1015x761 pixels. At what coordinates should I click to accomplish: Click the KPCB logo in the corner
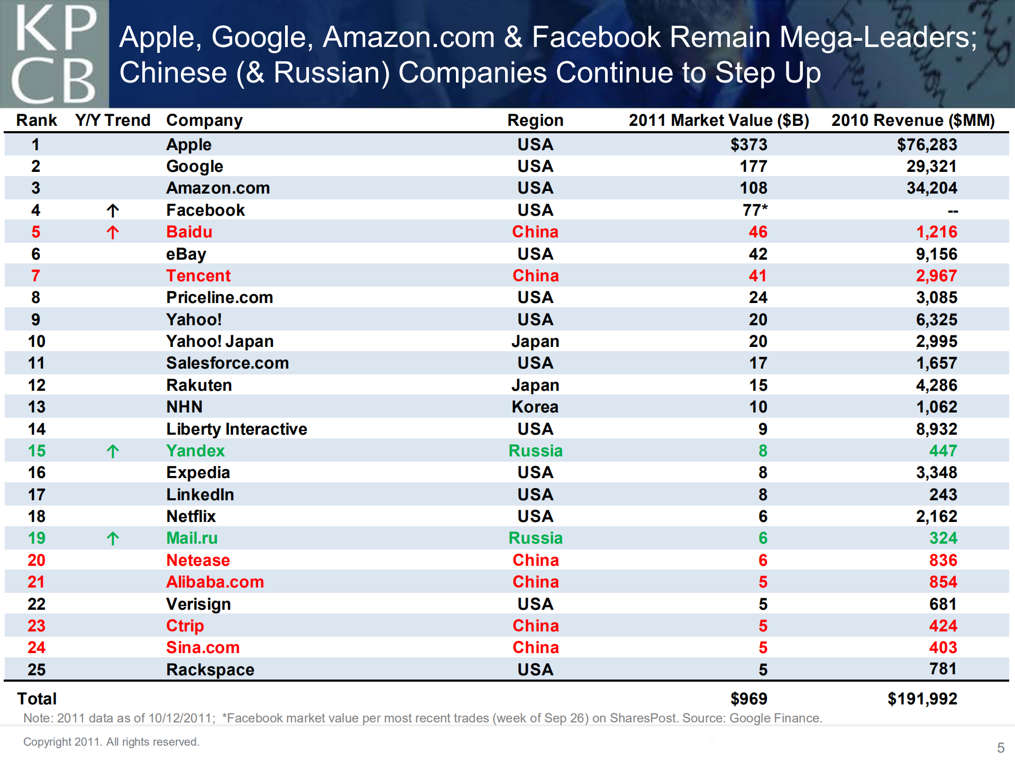[54, 54]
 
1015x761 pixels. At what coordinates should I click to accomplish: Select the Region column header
[535, 121]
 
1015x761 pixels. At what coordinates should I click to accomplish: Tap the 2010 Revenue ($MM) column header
[913, 121]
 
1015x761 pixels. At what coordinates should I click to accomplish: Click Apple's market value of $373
[748, 144]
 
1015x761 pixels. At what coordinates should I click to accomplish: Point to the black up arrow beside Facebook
[113, 210]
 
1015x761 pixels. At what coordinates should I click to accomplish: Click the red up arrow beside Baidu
[113, 232]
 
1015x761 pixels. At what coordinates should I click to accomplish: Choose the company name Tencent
[198, 276]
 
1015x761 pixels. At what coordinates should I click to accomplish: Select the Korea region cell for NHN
[535, 407]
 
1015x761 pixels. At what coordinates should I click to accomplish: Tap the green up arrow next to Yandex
[113, 451]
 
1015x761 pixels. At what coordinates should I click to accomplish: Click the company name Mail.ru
[192, 538]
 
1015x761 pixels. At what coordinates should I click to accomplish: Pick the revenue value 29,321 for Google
[931, 166]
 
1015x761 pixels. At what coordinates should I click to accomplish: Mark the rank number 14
[36, 429]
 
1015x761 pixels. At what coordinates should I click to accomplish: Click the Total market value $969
[748, 699]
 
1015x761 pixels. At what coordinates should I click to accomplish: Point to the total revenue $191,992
[922, 699]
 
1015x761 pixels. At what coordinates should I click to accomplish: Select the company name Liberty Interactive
[236, 429]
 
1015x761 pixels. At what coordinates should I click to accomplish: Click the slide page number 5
[1000, 748]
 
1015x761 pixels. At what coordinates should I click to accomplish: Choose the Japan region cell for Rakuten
[535, 385]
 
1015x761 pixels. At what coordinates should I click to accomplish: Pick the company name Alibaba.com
[215, 582]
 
